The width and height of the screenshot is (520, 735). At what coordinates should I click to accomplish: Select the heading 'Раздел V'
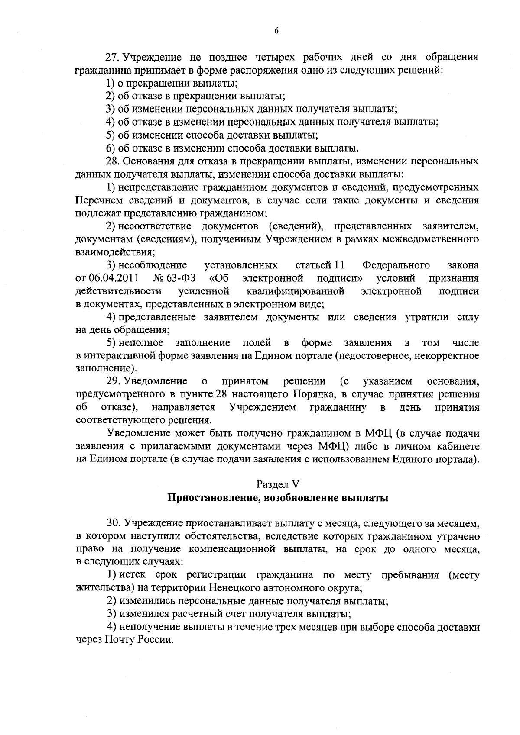[x=278, y=484]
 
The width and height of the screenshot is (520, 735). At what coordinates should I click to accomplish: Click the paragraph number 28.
[x=114, y=161]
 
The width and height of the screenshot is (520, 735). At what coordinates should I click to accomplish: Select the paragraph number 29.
[x=114, y=381]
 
